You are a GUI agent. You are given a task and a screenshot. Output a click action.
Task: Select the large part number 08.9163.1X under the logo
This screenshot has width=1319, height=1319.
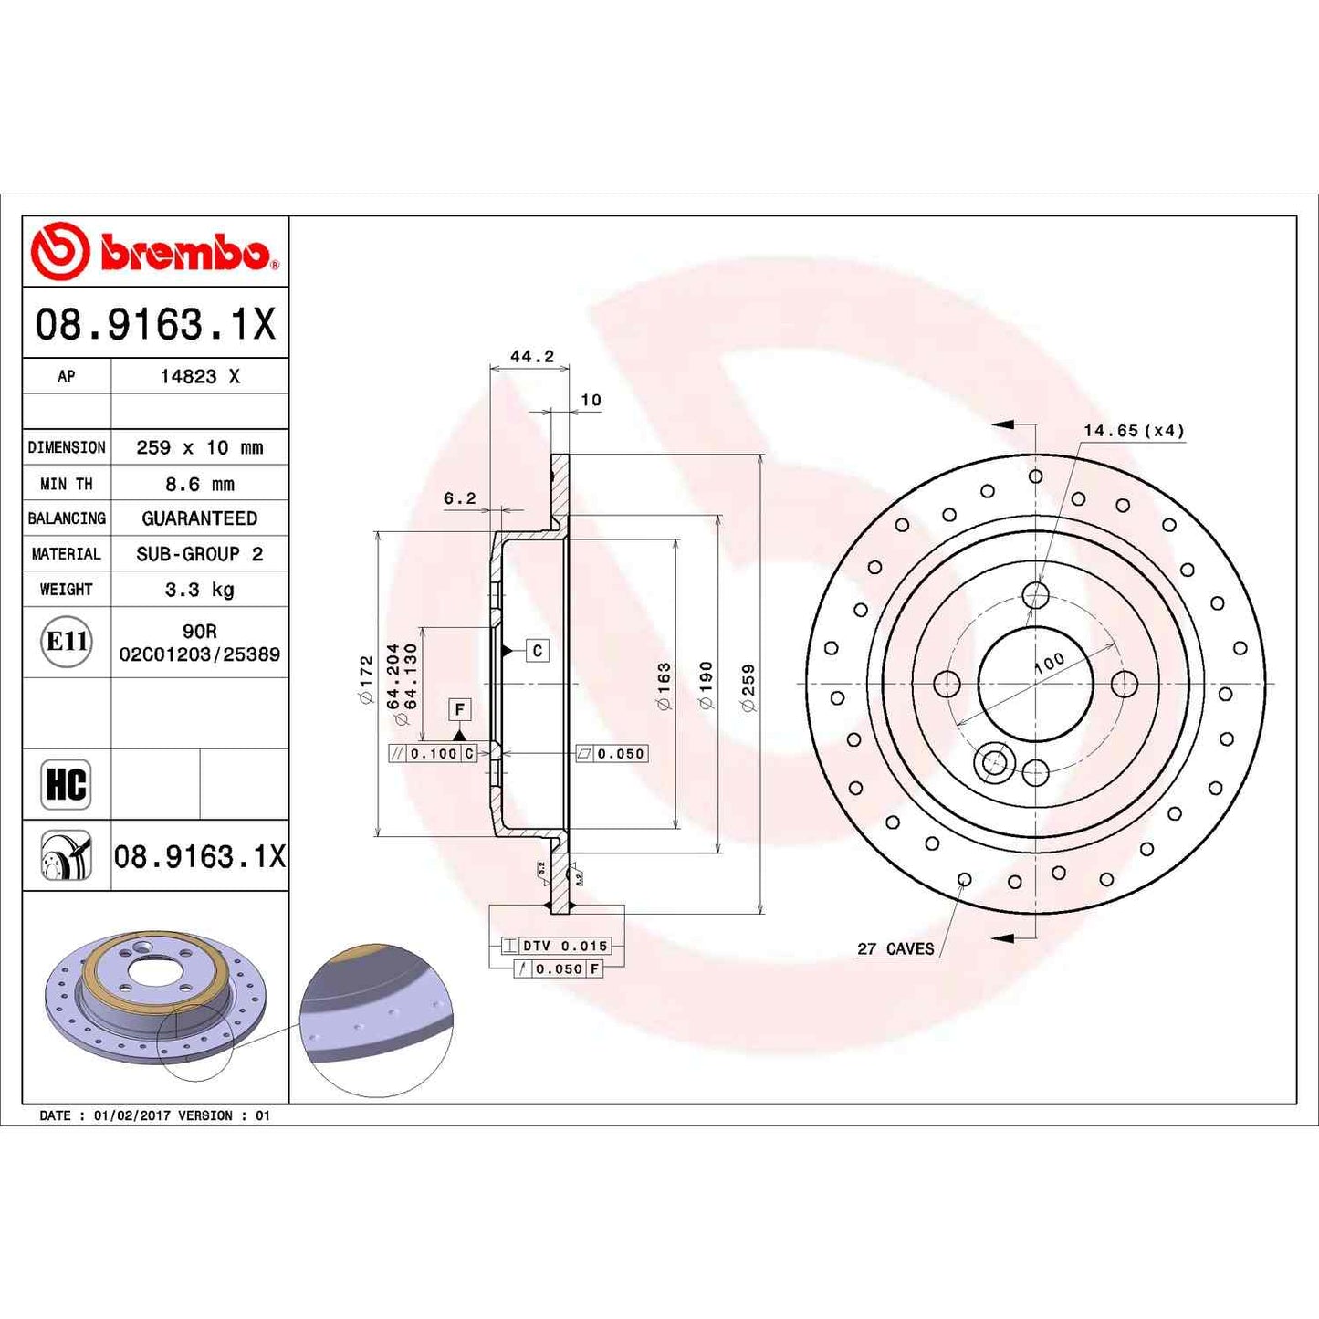pyautogui.click(x=155, y=324)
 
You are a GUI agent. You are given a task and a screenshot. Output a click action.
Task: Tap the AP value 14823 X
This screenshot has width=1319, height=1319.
pyautogui.click(x=200, y=376)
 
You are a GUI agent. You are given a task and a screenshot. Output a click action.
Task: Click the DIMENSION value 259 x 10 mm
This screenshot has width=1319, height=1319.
pyautogui.click(x=199, y=447)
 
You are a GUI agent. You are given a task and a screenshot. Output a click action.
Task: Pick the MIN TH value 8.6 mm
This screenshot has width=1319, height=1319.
pyautogui.click(x=199, y=484)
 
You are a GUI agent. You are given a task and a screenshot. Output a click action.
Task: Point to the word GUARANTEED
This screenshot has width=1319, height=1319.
pyautogui.click(x=199, y=518)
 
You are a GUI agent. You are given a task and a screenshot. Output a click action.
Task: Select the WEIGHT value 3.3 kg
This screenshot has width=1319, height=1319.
pyautogui.click(x=199, y=590)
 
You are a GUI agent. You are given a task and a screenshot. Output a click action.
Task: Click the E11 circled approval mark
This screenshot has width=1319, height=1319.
pyautogui.click(x=67, y=642)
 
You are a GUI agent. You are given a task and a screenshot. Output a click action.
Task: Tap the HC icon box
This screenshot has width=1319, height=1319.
pyautogui.click(x=66, y=784)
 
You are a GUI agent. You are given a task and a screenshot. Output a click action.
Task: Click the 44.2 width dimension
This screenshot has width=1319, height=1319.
pyautogui.click(x=531, y=356)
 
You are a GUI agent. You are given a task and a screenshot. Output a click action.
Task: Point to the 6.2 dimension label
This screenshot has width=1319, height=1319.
pyautogui.click(x=459, y=497)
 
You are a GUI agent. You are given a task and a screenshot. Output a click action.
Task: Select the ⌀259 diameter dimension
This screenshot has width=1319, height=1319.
pyautogui.click(x=748, y=687)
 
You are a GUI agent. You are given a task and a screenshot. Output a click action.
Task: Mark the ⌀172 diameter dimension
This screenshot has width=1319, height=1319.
pyautogui.click(x=366, y=679)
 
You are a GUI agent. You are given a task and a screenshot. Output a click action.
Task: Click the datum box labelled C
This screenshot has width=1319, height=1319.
pyautogui.click(x=538, y=650)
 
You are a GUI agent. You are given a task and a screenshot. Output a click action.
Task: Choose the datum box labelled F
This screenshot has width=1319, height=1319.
pyautogui.click(x=460, y=709)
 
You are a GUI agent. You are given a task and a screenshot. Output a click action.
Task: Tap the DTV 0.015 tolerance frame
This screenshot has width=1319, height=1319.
pyautogui.click(x=556, y=946)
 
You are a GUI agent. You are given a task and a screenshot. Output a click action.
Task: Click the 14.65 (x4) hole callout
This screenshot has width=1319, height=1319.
pyautogui.click(x=1134, y=430)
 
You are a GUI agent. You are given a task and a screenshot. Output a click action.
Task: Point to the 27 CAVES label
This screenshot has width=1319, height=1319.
pyautogui.click(x=895, y=948)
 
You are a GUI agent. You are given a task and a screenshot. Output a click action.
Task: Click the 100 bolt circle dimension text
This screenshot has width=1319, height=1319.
pyautogui.click(x=1050, y=662)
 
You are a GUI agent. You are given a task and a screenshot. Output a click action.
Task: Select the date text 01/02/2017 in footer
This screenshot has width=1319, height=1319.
pyautogui.click(x=131, y=1115)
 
